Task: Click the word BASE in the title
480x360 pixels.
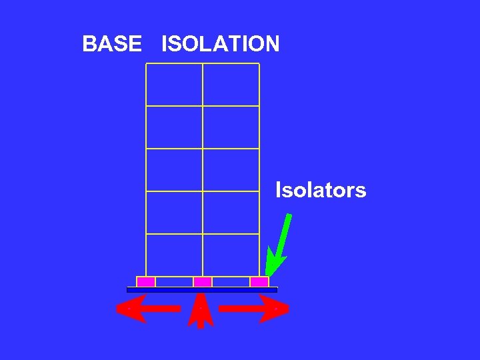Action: click(111, 45)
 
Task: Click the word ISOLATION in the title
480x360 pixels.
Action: click(220, 45)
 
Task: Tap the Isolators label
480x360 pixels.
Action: click(321, 191)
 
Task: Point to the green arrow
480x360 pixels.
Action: click(280, 243)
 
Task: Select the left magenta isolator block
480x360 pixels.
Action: click(146, 282)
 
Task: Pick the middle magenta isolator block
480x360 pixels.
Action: click(203, 282)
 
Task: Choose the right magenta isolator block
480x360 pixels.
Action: click(259, 282)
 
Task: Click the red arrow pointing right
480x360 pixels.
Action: click(253, 309)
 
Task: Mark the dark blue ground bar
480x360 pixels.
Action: click(202, 290)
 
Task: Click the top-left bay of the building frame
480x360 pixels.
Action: click(174, 85)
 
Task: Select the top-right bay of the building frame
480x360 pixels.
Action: click(231, 85)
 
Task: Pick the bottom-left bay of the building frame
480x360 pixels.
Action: click(174, 255)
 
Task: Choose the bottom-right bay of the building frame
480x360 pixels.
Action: click(231, 255)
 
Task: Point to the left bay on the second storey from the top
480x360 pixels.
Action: click(174, 127)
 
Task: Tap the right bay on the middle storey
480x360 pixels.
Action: click(231, 170)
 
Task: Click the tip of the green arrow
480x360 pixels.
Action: click(267, 274)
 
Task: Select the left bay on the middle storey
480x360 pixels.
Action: click(174, 170)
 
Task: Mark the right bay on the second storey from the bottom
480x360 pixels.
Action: click(231, 213)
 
